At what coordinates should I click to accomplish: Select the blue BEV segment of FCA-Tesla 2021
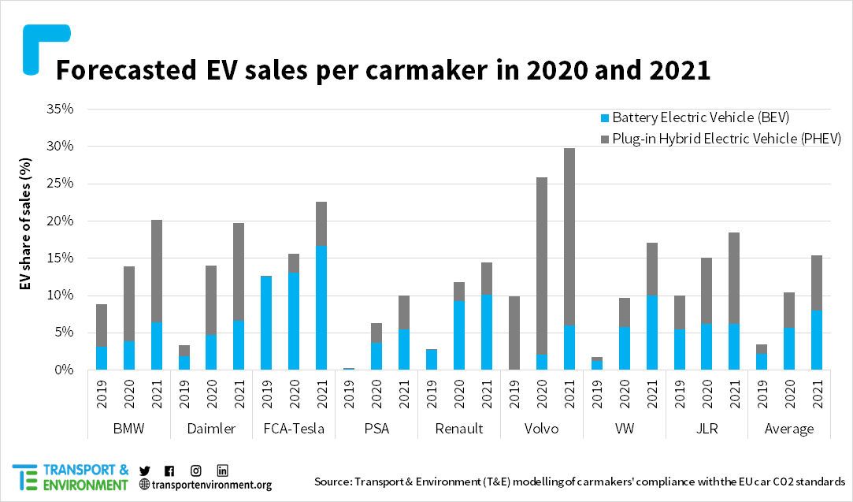click(x=321, y=307)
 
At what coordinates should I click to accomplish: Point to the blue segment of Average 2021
click(x=817, y=340)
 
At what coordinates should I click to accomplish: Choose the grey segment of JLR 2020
click(x=707, y=291)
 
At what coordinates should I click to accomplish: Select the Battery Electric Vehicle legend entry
click(x=693, y=117)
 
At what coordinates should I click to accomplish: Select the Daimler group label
click(x=211, y=429)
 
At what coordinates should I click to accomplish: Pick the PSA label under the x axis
click(x=376, y=429)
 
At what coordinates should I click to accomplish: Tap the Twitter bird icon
click(x=144, y=470)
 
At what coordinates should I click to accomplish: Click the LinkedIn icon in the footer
click(x=223, y=470)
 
